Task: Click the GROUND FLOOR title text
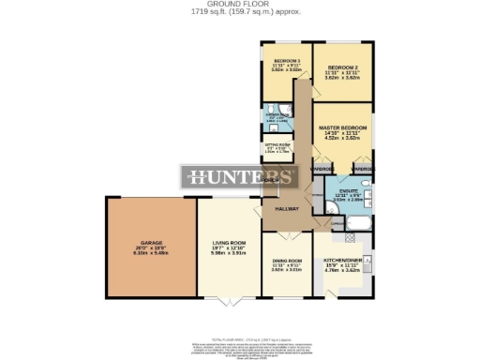click(240, 5)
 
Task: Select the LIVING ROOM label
click(229, 243)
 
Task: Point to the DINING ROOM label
click(287, 260)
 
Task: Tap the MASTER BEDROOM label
click(342, 127)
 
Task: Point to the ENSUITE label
click(349, 187)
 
